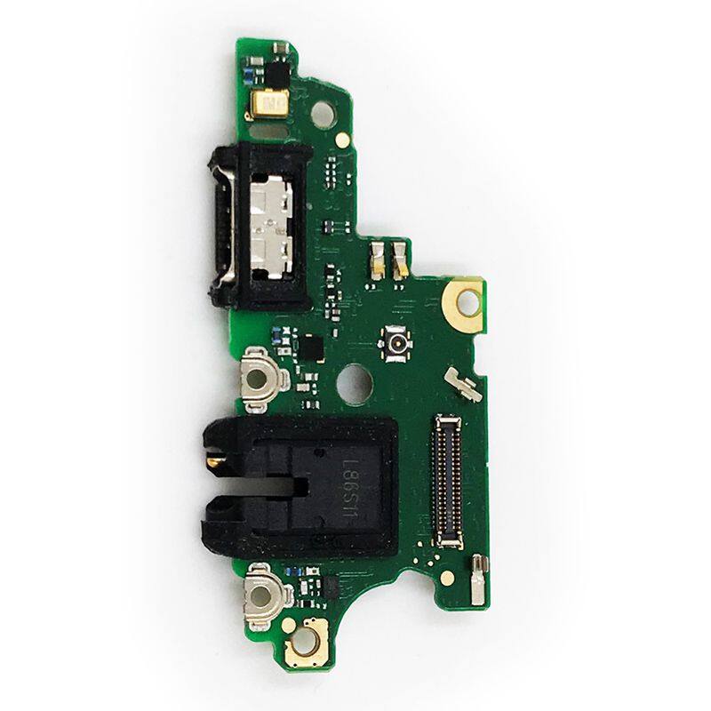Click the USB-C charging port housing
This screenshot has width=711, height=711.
[260, 226]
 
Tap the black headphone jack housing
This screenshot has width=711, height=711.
[300, 487]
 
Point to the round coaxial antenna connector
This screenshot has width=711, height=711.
[395, 343]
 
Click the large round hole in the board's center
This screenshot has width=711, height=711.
[354, 384]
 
